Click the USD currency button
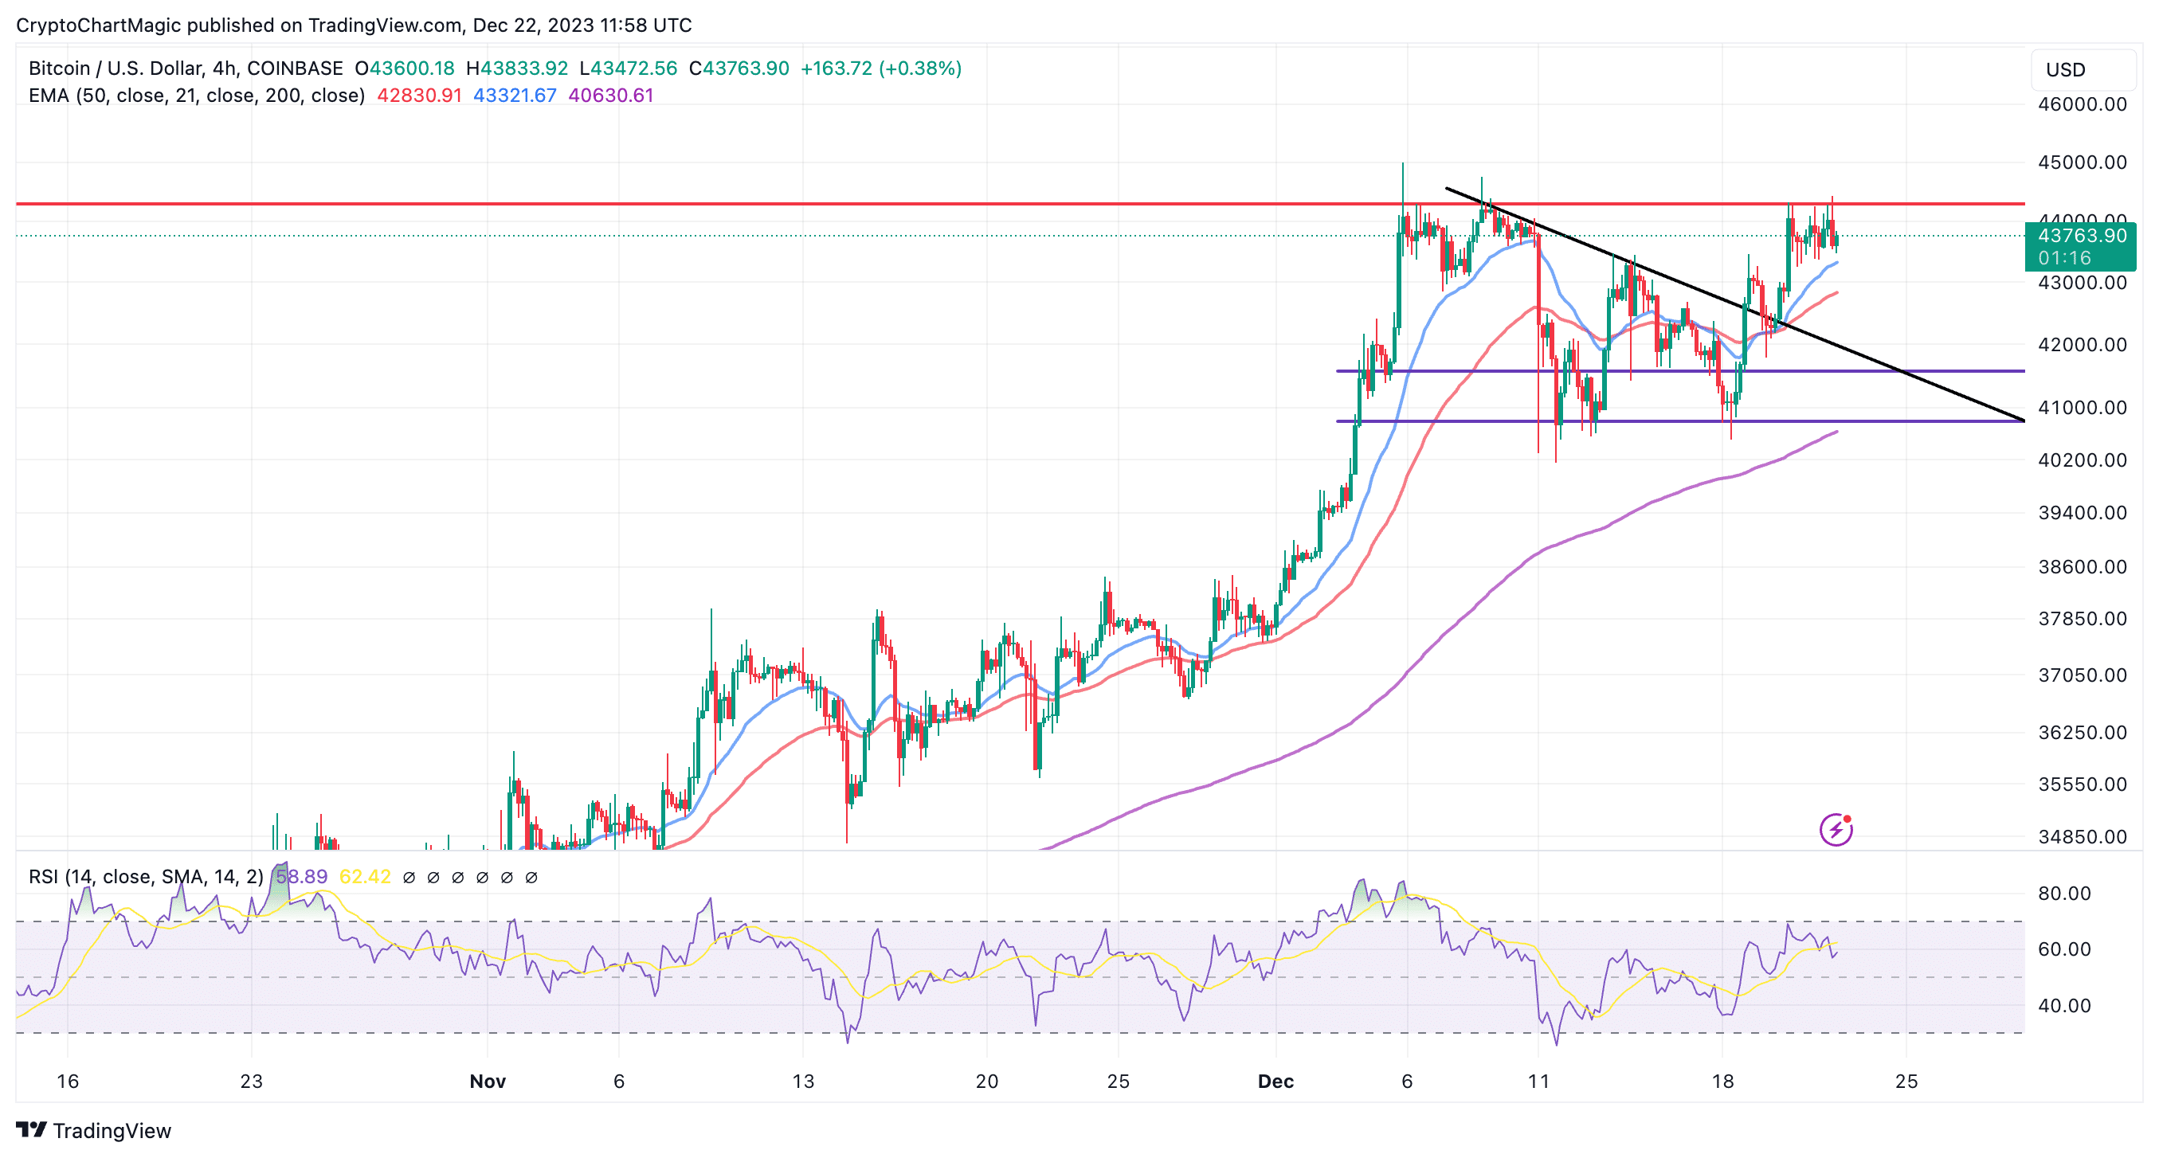[2065, 69]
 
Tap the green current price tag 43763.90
[2080, 237]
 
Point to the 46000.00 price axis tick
[2082, 105]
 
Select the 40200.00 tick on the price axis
[2082, 460]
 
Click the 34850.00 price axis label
[2082, 836]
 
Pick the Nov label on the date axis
[487, 1081]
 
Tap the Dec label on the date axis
[1275, 1081]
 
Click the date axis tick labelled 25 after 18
[1906, 1081]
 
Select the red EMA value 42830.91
[419, 96]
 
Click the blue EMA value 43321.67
[515, 96]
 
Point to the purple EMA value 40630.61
[610, 96]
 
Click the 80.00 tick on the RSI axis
[2064, 894]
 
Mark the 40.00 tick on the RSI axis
[2064, 1006]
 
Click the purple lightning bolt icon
[1836, 830]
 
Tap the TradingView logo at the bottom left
[94, 1130]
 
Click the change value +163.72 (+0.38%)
[880, 68]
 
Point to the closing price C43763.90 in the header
[739, 68]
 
